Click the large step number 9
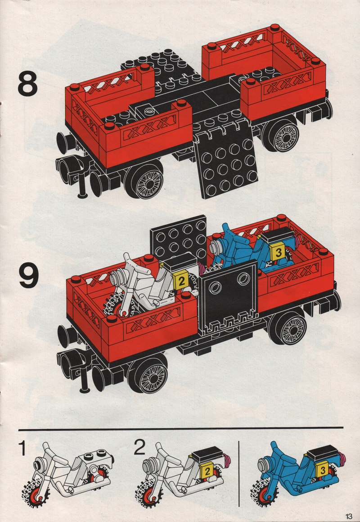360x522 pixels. coord(29,275)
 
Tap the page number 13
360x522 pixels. coord(348,516)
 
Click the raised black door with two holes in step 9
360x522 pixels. coord(229,295)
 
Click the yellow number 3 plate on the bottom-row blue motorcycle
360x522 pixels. coord(322,471)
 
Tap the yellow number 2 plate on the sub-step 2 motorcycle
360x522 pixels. coord(207,472)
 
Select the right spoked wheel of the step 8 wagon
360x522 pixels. coord(282,134)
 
